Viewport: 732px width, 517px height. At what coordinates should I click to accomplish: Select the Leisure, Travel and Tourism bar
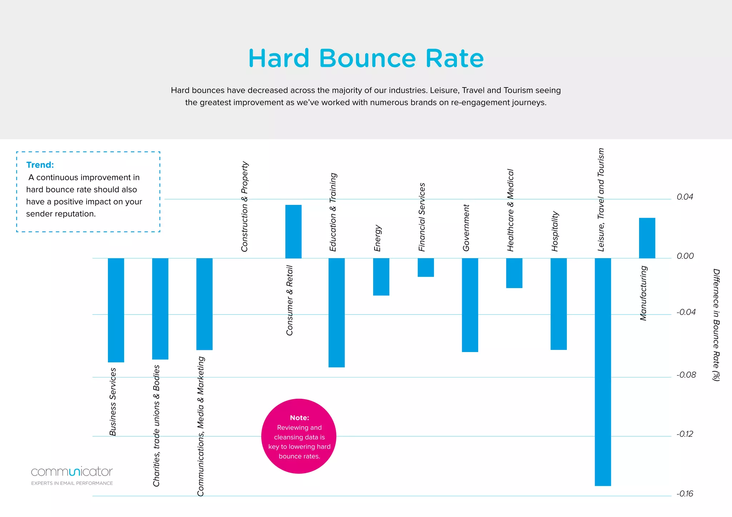(x=603, y=371)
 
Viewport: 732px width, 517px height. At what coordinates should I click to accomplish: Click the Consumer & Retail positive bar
(x=293, y=231)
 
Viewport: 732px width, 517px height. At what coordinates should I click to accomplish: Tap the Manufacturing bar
(x=647, y=238)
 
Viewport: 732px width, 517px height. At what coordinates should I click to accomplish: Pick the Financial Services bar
(x=426, y=267)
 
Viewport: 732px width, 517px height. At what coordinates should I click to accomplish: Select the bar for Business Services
(x=116, y=310)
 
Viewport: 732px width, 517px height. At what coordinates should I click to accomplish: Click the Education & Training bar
(x=336, y=312)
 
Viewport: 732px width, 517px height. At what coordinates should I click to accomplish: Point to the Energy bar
(x=381, y=277)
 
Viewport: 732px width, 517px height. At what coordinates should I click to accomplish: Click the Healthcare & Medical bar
(x=514, y=273)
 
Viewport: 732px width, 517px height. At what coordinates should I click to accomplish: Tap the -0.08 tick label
(x=686, y=375)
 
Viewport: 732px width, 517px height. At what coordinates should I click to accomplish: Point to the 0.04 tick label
(x=685, y=197)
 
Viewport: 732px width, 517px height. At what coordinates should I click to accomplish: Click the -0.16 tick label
(x=684, y=494)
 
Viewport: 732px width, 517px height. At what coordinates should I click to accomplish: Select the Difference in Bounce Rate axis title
(x=716, y=325)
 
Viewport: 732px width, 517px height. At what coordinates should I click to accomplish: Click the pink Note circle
(x=299, y=436)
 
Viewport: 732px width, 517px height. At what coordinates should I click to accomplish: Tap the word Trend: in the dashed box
(x=40, y=165)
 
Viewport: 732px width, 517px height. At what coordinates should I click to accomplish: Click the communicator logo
(x=72, y=472)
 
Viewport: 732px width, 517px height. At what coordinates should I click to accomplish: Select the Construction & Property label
(x=244, y=206)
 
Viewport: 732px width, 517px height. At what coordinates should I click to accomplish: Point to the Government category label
(x=466, y=228)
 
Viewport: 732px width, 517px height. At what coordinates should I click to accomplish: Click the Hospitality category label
(x=555, y=231)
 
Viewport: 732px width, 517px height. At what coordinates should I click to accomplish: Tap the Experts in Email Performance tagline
(x=72, y=483)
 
